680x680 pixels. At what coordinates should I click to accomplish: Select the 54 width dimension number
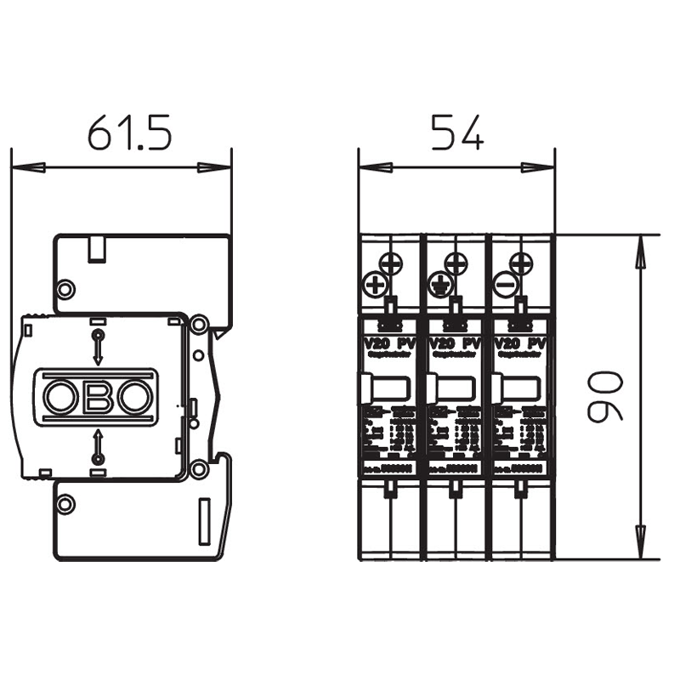coord(456,133)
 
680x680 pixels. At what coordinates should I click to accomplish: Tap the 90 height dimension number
coord(606,397)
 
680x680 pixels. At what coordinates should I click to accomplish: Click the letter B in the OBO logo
coord(97,396)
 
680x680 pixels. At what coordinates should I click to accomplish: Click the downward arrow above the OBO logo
coord(97,348)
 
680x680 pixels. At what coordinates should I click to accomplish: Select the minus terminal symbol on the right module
coord(506,284)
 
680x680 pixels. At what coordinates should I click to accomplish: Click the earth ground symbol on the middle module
coord(440,283)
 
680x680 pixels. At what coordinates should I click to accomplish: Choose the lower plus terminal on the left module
coord(374,284)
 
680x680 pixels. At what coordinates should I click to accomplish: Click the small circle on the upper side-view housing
coord(65,286)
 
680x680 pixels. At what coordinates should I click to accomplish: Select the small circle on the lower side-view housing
coord(65,503)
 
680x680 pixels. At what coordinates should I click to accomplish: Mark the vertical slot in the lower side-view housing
coord(204,522)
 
